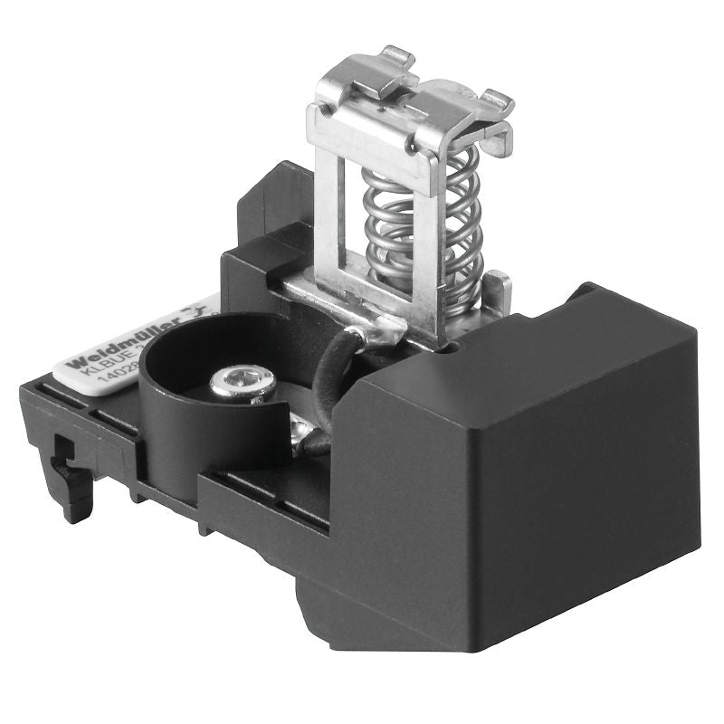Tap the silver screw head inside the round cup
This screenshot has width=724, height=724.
(x=243, y=383)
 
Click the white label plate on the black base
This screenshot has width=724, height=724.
(x=136, y=339)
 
